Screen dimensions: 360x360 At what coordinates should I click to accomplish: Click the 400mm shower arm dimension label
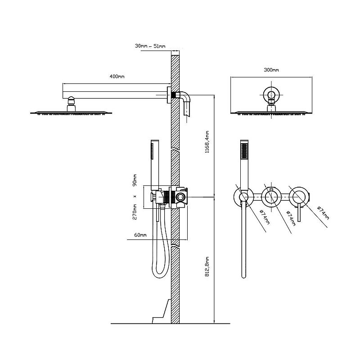pos(117,76)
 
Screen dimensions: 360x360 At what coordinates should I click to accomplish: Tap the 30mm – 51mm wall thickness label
pos(150,46)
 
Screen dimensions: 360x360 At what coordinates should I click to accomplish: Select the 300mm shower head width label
pos(271,70)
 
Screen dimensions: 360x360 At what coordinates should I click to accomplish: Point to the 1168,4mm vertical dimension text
pos(207,142)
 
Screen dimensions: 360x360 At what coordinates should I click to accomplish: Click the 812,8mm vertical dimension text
pos(207,266)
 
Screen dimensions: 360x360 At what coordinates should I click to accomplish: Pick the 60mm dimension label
pos(140,235)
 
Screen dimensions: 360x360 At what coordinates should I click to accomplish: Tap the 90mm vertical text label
pos(135,180)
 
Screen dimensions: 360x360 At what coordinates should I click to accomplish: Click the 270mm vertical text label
pos(135,212)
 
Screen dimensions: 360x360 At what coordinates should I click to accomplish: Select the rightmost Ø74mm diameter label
pos(323,213)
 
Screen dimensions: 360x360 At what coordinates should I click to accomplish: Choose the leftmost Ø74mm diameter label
pos(265,217)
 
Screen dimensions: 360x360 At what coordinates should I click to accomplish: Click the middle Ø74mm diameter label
pos(291,218)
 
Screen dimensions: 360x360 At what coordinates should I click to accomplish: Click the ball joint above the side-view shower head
pos(72,100)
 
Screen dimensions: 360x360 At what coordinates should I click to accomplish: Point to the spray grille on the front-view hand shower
pos(244,151)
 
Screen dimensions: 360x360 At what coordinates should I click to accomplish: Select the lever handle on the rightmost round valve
pos(299,212)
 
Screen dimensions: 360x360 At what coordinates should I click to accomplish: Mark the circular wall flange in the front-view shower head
pos(272,94)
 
